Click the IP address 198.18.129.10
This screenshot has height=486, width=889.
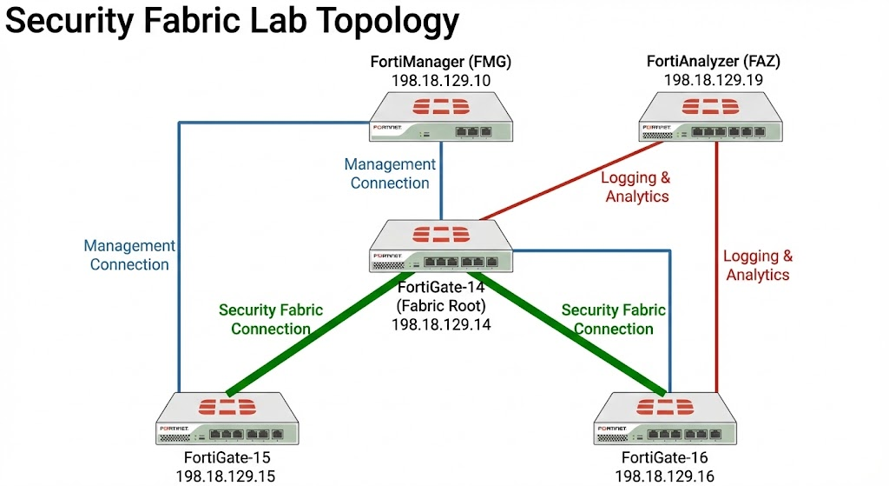(x=441, y=81)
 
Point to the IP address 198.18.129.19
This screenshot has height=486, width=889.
(x=714, y=81)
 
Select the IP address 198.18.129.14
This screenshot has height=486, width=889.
(x=441, y=324)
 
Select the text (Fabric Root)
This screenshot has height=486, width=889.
(x=441, y=305)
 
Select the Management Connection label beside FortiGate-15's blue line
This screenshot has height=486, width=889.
(x=130, y=256)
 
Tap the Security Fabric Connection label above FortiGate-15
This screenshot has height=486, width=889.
(x=270, y=319)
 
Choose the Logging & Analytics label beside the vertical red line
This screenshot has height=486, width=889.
(x=758, y=265)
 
